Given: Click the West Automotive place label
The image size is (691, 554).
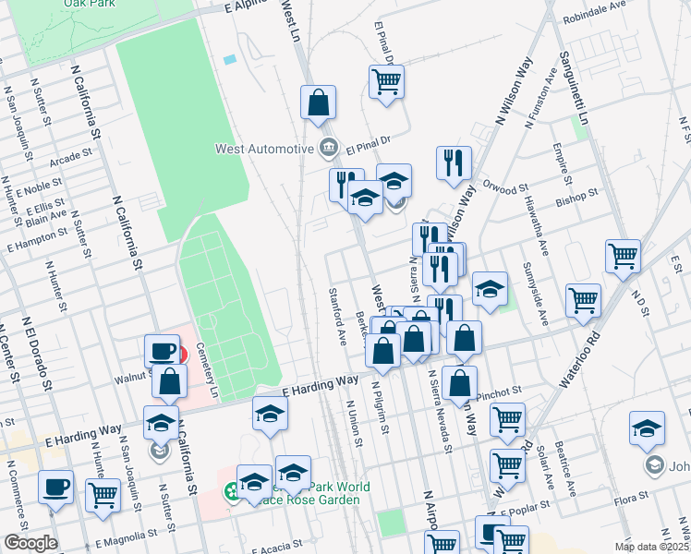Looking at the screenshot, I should (264, 149).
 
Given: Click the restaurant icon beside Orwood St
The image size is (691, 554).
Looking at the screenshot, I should (454, 163).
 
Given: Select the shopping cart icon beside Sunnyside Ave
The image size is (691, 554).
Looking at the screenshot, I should (584, 299).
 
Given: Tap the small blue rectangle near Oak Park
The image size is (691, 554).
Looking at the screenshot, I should (229, 60).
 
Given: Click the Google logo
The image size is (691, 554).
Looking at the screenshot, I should (30, 543).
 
